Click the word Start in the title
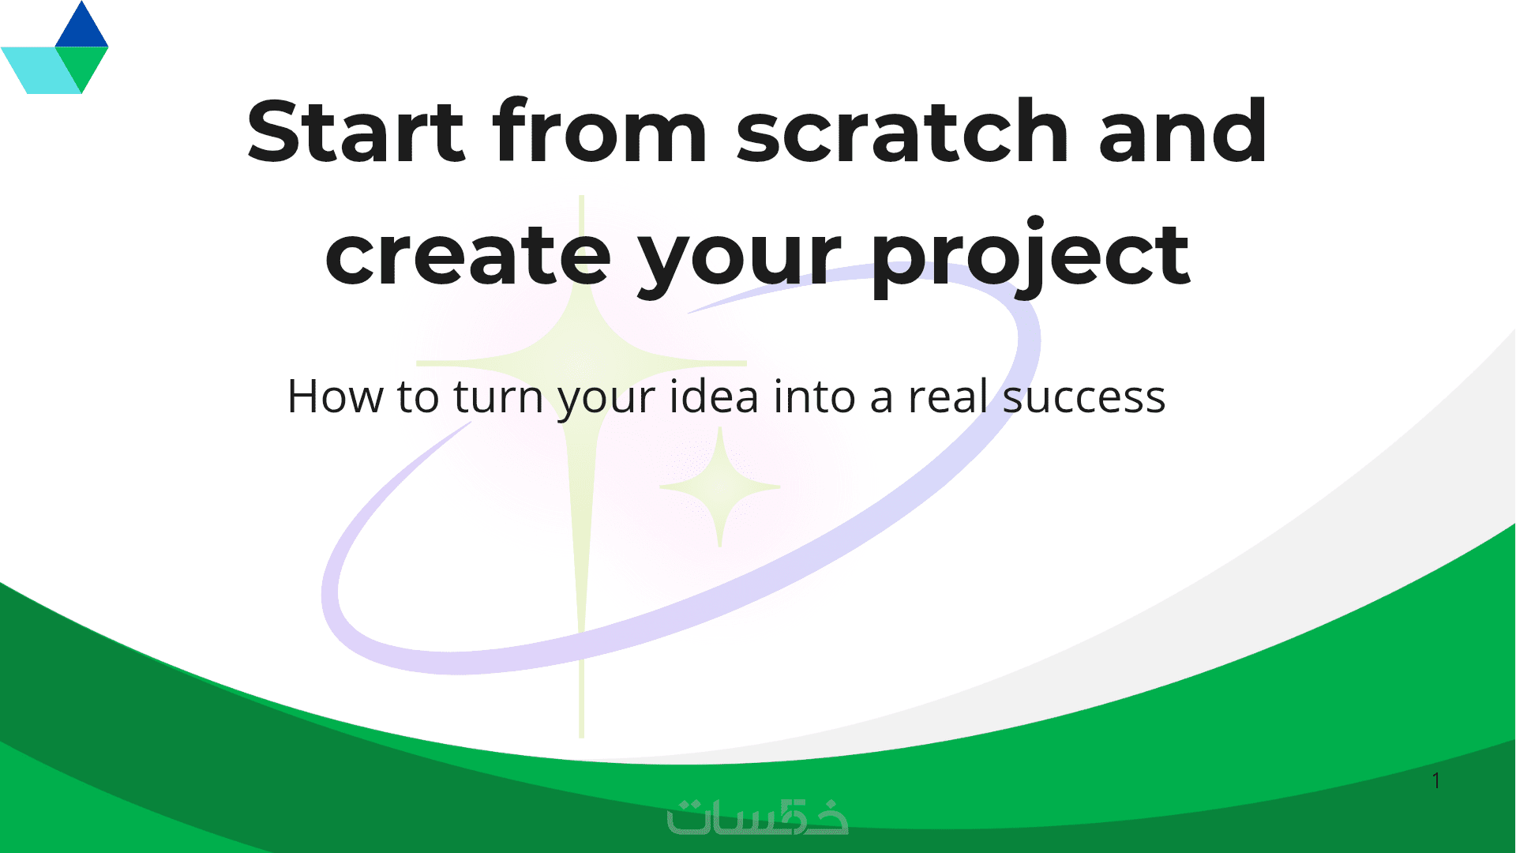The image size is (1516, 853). pyautogui.click(x=355, y=131)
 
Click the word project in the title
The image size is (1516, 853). pyautogui.click(x=1030, y=256)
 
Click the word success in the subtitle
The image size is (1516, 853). pyautogui.click(x=1083, y=398)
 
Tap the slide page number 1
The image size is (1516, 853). pyautogui.click(x=1436, y=780)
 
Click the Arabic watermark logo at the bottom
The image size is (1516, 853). pyautogui.click(x=757, y=816)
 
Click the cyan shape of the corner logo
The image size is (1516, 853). pyautogui.click(x=39, y=70)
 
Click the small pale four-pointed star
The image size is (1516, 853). pyautogui.click(x=720, y=487)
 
